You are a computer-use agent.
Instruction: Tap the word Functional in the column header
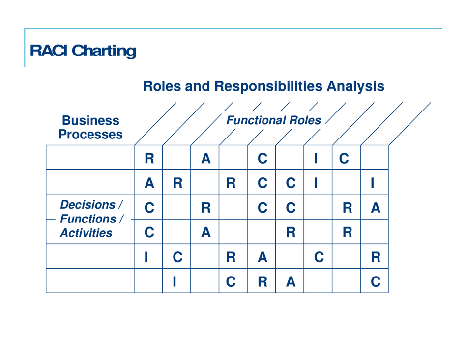coord(256,120)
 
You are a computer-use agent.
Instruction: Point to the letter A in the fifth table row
coord(262,256)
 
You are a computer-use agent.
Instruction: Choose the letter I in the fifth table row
coord(148,256)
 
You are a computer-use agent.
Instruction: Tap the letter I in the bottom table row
coord(176,280)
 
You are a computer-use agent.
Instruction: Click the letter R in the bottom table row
coord(262,280)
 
